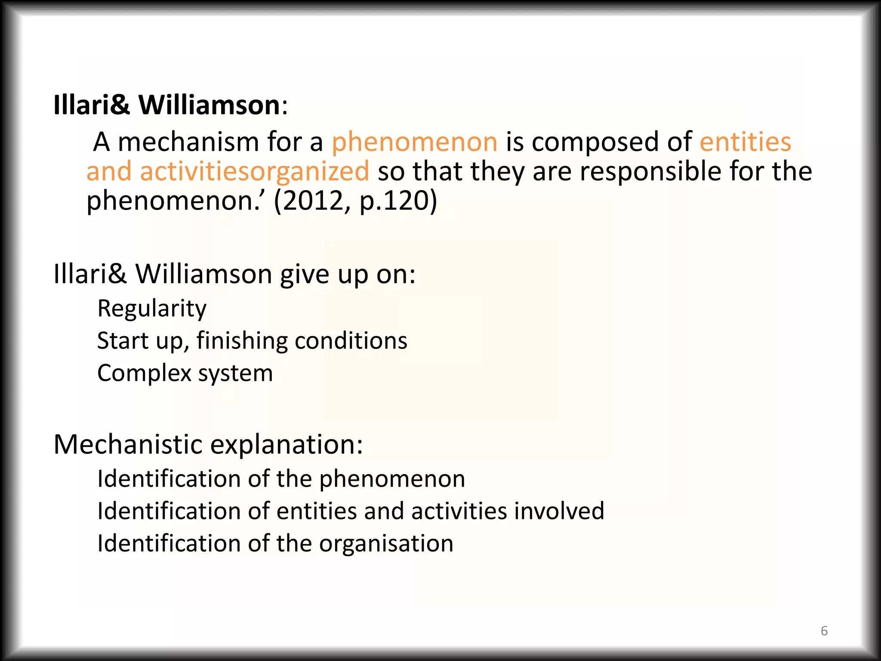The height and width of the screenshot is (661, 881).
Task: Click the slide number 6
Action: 824,630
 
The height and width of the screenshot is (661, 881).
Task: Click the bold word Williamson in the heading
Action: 209,105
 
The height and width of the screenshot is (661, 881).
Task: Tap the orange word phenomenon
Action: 414,142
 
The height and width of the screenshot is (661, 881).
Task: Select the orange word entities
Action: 745,142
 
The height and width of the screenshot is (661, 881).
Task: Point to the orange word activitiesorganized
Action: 254,171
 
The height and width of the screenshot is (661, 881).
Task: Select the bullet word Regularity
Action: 152,309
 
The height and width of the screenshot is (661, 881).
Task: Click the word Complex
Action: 144,373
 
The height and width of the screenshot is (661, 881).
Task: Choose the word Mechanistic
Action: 128,444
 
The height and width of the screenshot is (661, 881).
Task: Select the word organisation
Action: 386,543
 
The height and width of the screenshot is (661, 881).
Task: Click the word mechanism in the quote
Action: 188,142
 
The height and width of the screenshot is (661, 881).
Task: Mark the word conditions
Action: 351,341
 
